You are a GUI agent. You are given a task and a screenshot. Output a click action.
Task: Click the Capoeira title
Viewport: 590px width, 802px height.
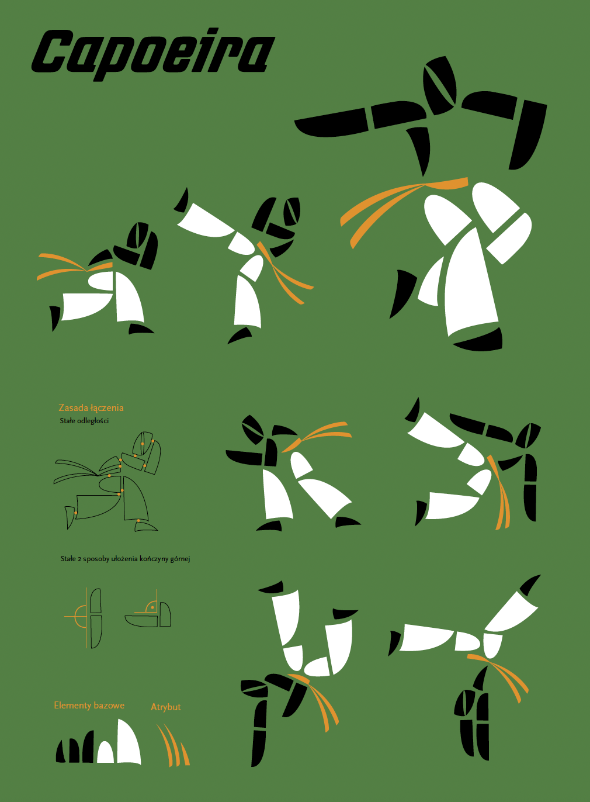point(153,54)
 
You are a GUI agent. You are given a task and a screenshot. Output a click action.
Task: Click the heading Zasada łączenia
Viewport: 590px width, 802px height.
point(91,408)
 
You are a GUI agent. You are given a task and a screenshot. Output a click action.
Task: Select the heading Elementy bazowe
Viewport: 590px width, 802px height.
point(89,706)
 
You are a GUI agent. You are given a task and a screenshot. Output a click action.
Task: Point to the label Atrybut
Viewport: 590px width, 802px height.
point(166,707)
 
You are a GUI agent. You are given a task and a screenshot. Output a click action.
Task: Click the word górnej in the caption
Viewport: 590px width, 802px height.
point(180,559)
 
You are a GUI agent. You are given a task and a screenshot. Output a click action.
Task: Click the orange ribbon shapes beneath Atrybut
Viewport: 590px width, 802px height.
point(173,745)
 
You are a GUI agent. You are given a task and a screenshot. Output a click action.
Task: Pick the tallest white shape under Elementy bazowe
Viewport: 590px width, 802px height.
point(129,741)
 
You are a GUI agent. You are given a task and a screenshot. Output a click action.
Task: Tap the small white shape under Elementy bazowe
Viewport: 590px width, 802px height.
point(105,752)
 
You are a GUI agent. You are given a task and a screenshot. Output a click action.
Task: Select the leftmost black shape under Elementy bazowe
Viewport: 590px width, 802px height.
point(61,751)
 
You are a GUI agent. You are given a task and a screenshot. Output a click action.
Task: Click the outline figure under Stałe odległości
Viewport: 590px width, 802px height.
point(107,481)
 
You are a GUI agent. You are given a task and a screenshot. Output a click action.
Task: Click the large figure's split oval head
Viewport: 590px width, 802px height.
point(440,85)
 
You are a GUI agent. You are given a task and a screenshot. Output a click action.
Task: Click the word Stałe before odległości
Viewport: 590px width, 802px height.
point(67,421)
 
